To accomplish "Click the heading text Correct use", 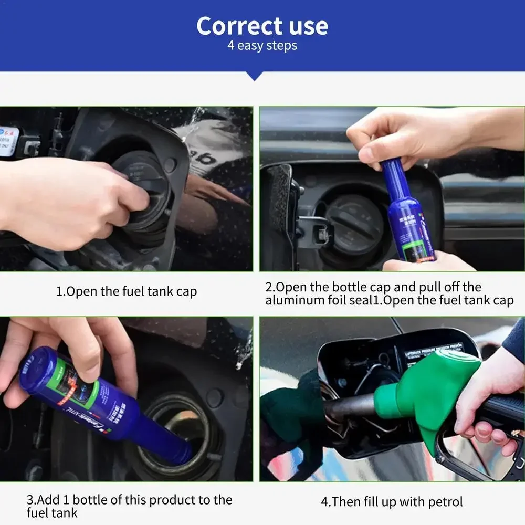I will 262,26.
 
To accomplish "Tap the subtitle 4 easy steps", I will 262,46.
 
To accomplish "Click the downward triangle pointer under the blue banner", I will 255,76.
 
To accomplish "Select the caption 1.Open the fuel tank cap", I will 127,291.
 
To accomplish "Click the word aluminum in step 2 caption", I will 296,301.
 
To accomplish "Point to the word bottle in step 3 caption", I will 83,500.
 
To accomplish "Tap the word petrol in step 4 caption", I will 444,502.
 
